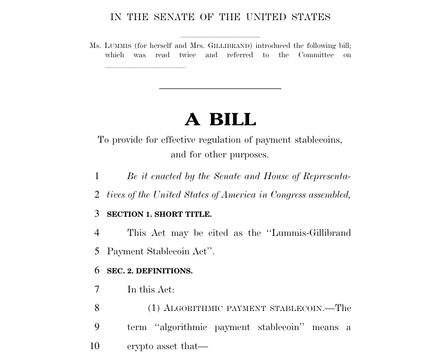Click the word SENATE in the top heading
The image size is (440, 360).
pos(170,17)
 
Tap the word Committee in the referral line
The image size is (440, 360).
pos(316,55)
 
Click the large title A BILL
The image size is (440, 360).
pos(220,119)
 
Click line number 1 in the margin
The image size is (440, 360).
pos(97,176)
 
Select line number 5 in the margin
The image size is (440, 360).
pos(97,252)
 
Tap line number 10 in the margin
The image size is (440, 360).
pos(95,346)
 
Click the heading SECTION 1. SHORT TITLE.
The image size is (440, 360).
pos(159,214)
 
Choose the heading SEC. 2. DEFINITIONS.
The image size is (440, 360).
pos(149,271)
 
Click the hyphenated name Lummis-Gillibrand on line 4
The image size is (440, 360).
pos(308,233)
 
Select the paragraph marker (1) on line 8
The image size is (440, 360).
pos(154,308)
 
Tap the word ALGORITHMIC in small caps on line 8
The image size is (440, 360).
pos(191,308)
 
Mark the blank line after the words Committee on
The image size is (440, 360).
pos(145,67)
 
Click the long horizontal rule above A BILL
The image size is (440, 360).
pos(220,88)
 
